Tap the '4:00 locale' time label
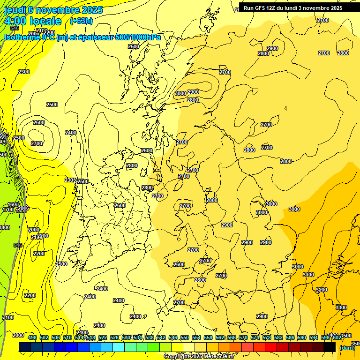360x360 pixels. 33,21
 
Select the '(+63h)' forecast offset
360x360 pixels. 81,21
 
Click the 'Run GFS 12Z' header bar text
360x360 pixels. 293,8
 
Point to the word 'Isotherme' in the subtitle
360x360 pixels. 22,37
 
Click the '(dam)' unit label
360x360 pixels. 347,348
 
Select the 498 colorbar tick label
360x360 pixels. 32,337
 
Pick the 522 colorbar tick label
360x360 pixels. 103,337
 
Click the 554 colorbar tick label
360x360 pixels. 196,337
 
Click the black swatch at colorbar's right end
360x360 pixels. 330,347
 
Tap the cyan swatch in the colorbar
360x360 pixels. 119,347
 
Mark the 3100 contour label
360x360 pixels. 308,275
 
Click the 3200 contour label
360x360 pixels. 321,290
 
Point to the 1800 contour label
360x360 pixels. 4,227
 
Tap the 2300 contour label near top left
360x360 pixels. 24,72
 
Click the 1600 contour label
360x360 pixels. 13,204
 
